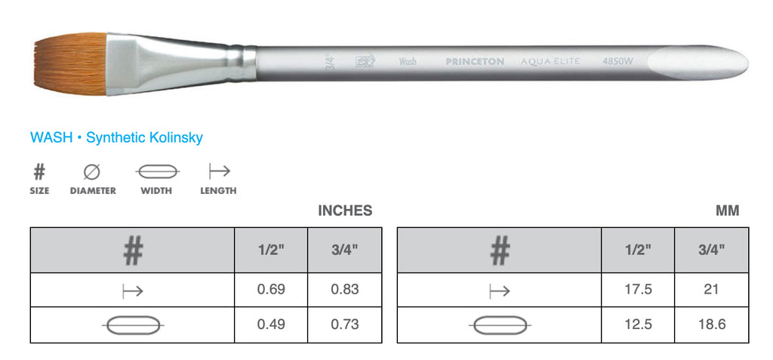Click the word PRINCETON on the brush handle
point(474,62)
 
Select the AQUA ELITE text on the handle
point(550,61)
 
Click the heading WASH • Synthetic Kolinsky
point(116,138)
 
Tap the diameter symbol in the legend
point(92,172)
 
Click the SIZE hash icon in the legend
point(39,172)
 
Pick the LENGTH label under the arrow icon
point(218,191)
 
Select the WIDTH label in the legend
point(156,191)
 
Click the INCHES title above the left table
point(345,211)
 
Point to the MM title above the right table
point(727,211)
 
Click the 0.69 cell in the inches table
point(271,289)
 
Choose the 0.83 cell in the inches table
point(344,289)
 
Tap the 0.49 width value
point(271,325)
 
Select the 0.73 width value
point(344,325)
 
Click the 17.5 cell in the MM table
point(638,289)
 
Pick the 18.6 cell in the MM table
point(711,325)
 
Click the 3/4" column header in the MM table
point(711,248)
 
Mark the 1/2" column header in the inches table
point(271,248)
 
